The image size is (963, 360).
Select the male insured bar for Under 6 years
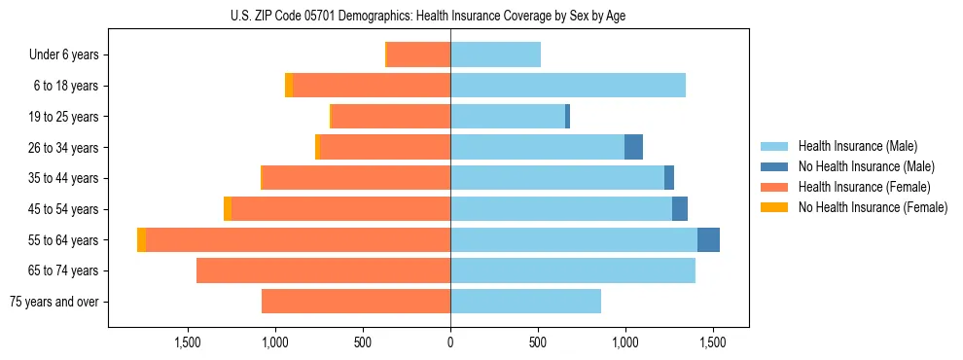495,54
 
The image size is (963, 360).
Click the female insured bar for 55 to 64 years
298,239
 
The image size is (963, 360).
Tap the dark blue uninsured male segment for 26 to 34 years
633,147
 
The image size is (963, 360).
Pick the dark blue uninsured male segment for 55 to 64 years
708,239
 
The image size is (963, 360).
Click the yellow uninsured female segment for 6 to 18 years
289,86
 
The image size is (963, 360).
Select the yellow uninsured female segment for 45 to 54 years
228,209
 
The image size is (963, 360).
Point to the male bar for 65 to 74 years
572,270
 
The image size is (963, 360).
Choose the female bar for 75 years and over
356,302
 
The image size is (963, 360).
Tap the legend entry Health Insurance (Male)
857,146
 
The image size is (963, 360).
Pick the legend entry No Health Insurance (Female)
873,207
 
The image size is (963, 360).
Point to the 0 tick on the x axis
450,342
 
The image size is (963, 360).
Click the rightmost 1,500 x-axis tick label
712,342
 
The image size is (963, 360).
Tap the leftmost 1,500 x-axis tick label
188,342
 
